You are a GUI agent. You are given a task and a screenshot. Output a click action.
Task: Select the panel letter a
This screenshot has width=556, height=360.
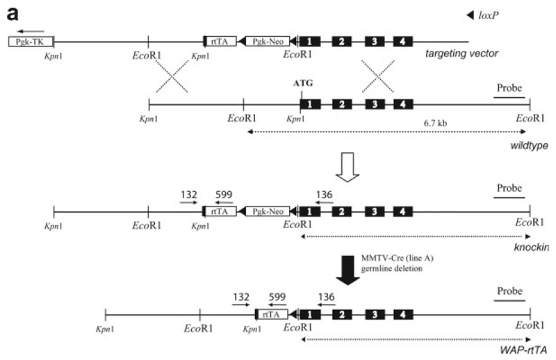coord(12,12)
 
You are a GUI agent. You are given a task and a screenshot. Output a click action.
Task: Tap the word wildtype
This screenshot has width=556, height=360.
coord(529,145)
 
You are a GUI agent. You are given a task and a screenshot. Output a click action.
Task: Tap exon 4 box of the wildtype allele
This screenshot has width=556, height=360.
coord(402,105)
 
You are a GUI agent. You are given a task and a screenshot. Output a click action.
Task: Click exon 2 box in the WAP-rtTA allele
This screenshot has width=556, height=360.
coord(341,315)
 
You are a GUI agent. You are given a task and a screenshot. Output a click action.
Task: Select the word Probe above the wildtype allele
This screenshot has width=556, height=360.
coord(511,88)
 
